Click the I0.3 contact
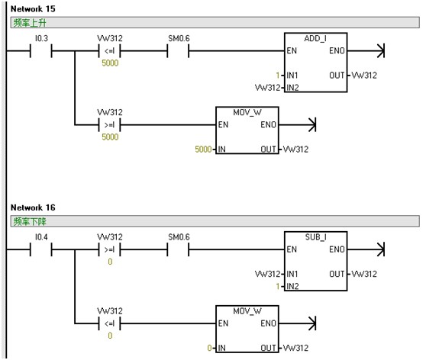pyautogui.click(x=41, y=51)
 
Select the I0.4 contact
pyautogui.click(x=41, y=249)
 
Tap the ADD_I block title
pyautogui.click(x=315, y=39)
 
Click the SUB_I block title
pyautogui.click(x=315, y=237)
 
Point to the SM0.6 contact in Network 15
pyautogui.click(x=178, y=51)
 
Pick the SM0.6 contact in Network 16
pyautogui.click(x=178, y=249)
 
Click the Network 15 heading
pyautogui.click(x=33, y=9)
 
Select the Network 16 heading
pyautogui.click(x=33, y=207)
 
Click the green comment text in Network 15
pyautogui.click(x=30, y=23)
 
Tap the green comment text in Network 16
pyautogui.click(x=30, y=221)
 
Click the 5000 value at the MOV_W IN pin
pyautogui.click(x=203, y=149)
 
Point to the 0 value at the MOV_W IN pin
pyautogui.click(x=209, y=348)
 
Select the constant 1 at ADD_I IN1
pyautogui.click(x=278, y=76)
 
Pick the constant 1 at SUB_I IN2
pyautogui.click(x=278, y=286)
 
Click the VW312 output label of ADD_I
pyautogui.click(x=364, y=76)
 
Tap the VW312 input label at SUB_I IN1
pyautogui.click(x=268, y=274)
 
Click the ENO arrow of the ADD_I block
pyautogui.click(x=366, y=51)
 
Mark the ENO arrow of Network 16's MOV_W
pyautogui.click(x=298, y=323)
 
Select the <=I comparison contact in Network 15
pyautogui.click(x=109, y=51)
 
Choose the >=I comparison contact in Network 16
pyautogui.click(x=109, y=249)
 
